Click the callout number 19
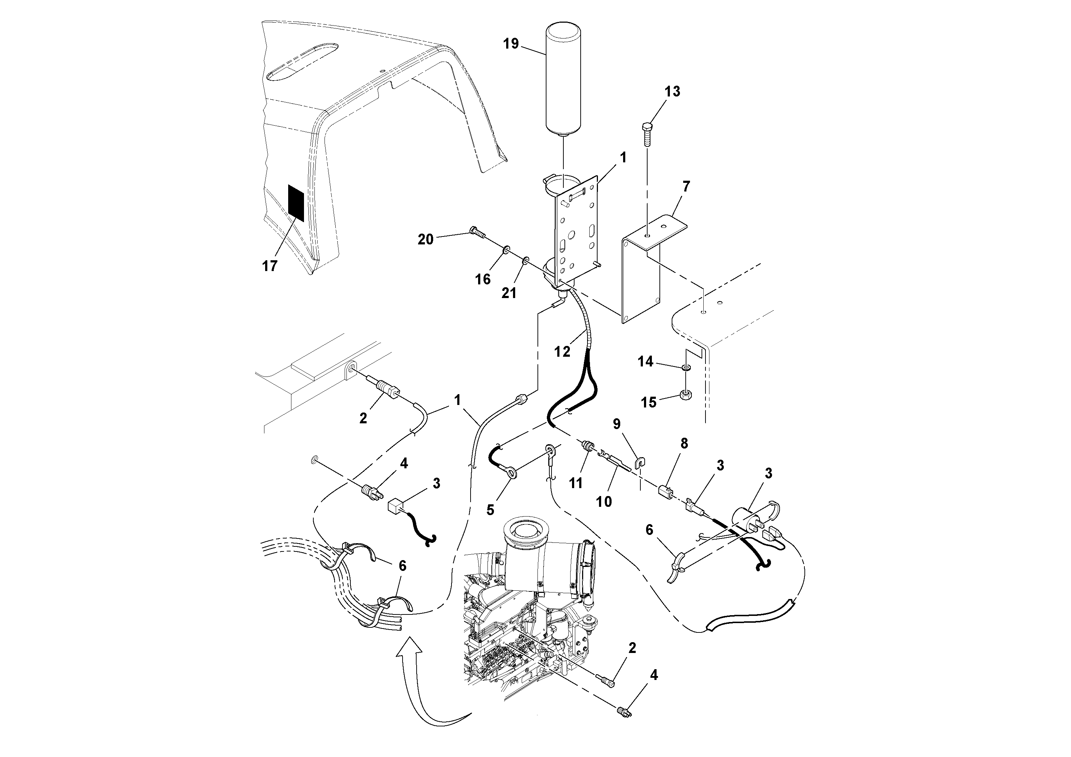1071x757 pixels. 511,44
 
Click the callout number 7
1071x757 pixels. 686,187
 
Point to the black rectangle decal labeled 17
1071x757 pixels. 296,203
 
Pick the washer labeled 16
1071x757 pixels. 506,252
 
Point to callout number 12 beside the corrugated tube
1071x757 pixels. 562,351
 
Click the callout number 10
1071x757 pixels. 604,502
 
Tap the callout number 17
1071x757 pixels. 269,266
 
